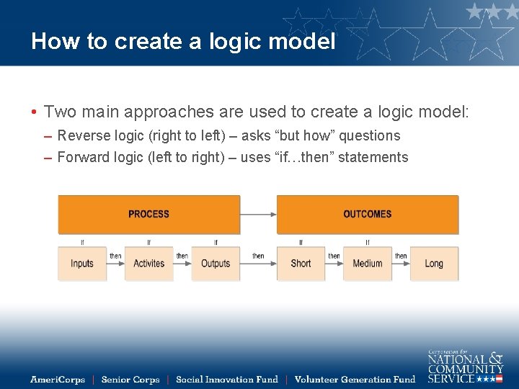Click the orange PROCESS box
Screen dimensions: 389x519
pyautogui.click(x=148, y=214)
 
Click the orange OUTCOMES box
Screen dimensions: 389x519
pyautogui.click(x=367, y=214)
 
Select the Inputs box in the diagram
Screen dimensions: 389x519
pyautogui.click(x=82, y=264)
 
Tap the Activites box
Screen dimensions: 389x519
pyautogui.click(x=148, y=264)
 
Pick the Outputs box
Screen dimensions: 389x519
pyautogui.click(x=216, y=264)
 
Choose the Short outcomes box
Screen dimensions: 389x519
pyautogui.click(x=301, y=264)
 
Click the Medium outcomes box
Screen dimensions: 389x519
pyautogui.click(x=367, y=264)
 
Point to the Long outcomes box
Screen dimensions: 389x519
pyautogui.click(x=434, y=264)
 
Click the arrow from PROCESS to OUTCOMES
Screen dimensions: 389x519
pyautogui.click(x=258, y=214)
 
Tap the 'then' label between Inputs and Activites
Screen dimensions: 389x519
pyautogui.click(x=115, y=256)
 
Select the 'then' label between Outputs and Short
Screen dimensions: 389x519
pyautogui.click(x=258, y=256)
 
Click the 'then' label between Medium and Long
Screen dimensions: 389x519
pyautogui.click(x=401, y=256)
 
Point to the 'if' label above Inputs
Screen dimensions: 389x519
pyautogui.click(x=82, y=242)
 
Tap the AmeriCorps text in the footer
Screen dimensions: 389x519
pyautogui.click(x=58, y=380)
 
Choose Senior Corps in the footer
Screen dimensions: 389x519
pyautogui.click(x=130, y=380)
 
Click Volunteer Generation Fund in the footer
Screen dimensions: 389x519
pyautogui.click(x=355, y=380)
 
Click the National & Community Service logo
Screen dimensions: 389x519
pyautogui.click(x=465, y=366)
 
